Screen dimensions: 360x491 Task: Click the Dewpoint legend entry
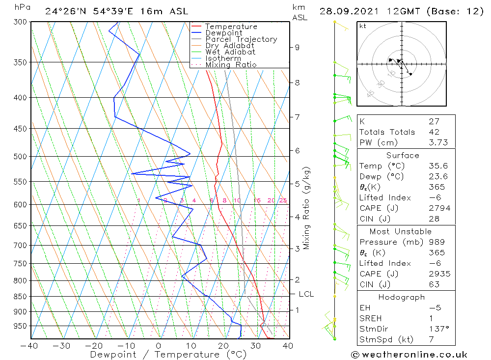224,33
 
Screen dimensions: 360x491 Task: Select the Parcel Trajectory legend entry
241,39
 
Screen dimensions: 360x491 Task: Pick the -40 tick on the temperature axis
30,346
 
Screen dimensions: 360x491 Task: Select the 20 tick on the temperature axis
224,346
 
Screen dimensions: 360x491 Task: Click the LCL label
306,294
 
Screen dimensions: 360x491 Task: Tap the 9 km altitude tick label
297,47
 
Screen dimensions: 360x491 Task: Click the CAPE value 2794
439,208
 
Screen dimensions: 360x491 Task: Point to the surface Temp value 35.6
438,166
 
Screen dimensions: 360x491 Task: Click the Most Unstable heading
400,231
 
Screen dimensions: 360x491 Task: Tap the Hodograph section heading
402,297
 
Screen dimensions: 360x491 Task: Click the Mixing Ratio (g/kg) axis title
307,208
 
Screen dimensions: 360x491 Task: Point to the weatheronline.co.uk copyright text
409,355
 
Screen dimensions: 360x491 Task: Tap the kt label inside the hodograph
362,26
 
